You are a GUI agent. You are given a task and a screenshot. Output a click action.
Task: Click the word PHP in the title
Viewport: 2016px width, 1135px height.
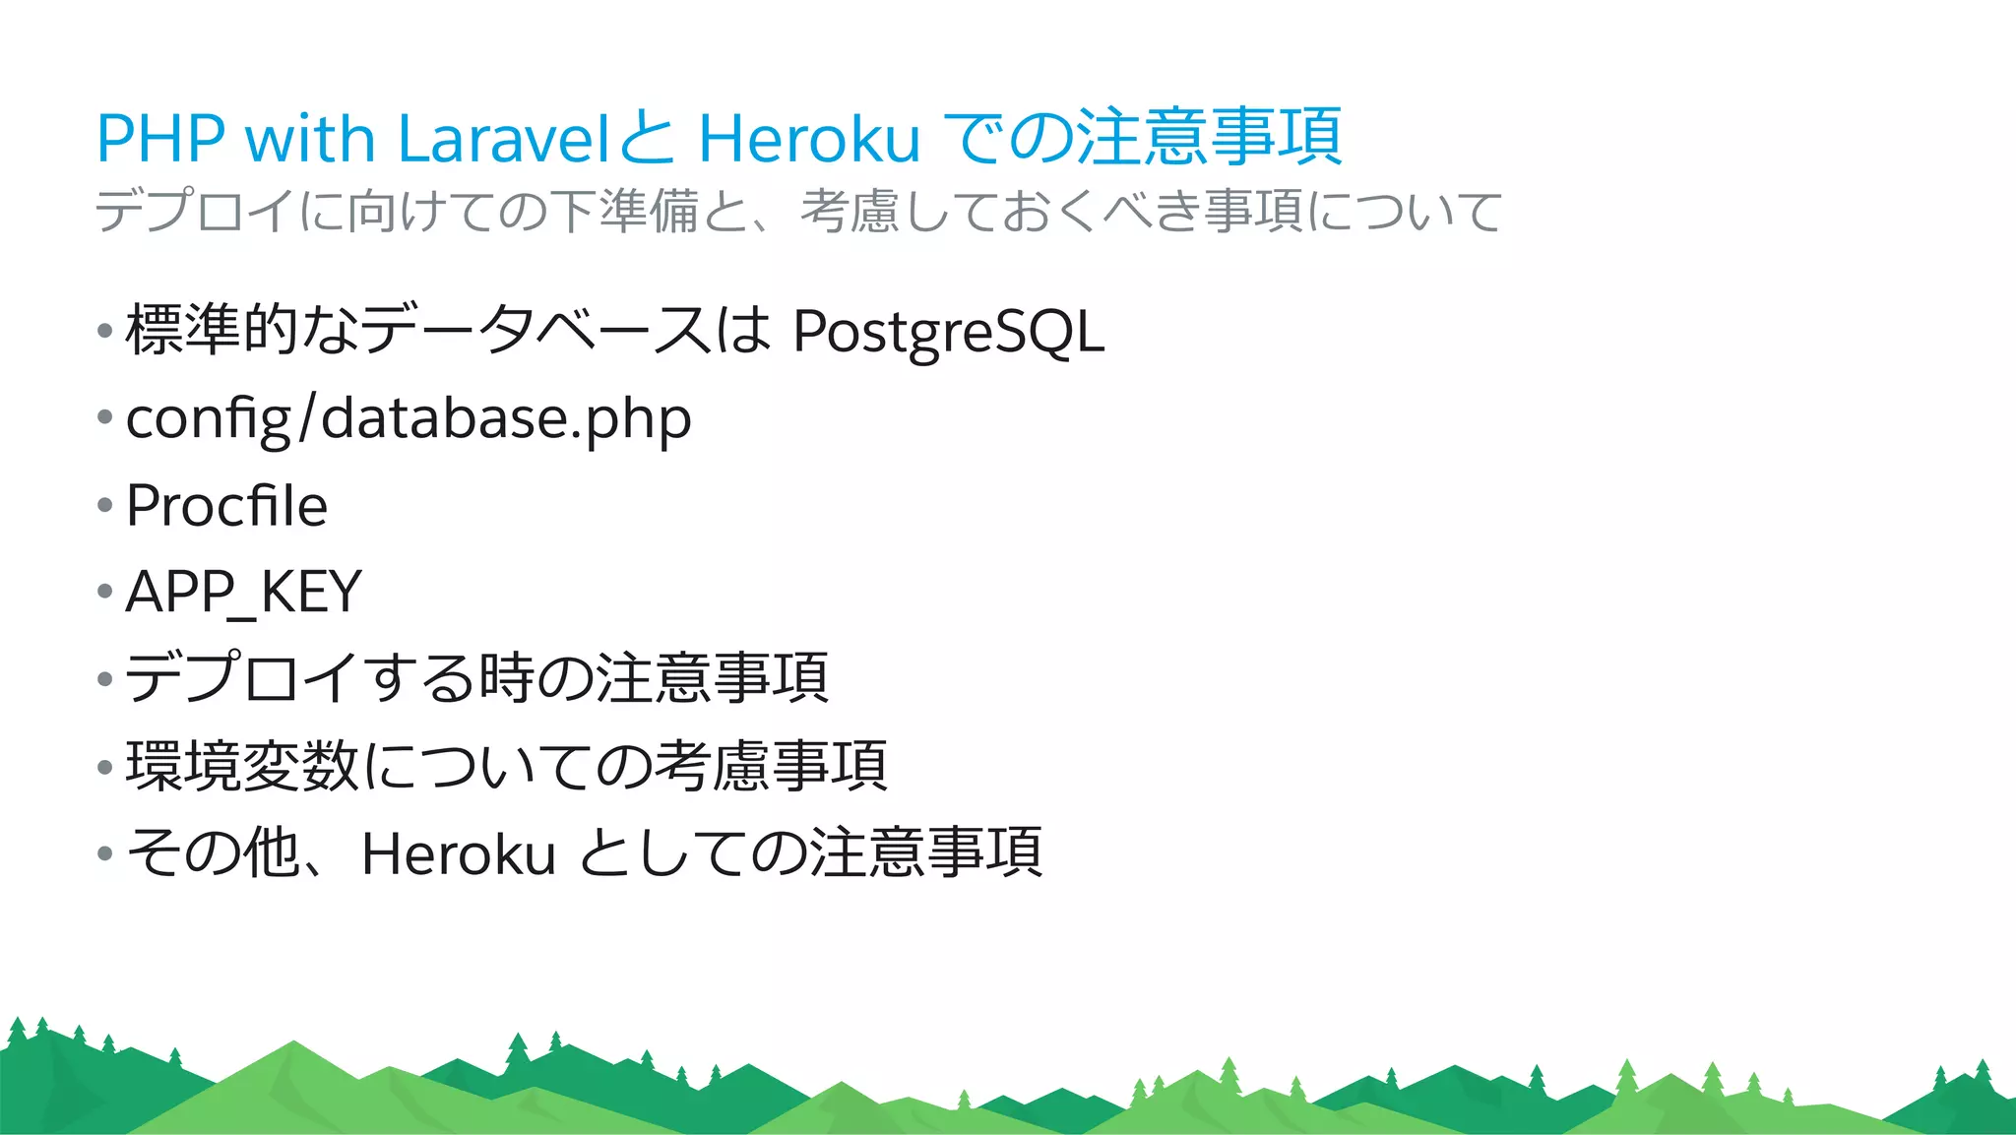(160, 138)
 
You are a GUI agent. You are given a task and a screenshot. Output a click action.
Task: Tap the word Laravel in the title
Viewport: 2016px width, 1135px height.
(506, 138)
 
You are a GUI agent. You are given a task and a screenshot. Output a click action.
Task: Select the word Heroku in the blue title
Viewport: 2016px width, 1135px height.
(808, 138)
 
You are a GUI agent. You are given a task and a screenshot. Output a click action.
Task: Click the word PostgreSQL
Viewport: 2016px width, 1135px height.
(948, 333)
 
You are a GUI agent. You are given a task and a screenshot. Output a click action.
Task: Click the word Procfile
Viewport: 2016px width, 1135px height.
(226, 506)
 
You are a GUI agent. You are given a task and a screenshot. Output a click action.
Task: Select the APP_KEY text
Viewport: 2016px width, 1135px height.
(244, 593)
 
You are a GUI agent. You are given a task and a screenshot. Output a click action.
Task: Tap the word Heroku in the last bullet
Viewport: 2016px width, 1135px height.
(458, 853)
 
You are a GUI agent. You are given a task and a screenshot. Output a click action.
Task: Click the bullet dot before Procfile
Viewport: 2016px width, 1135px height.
(105, 506)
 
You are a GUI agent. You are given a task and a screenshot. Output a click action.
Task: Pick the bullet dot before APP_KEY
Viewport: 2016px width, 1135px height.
(105, 593)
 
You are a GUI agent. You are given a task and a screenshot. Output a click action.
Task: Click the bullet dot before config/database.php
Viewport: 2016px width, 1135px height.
(105, 418)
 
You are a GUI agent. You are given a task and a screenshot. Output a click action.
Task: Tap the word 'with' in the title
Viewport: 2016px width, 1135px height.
(310, 138)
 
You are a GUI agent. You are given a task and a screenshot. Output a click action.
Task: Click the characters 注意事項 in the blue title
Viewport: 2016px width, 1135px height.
(1209, 138)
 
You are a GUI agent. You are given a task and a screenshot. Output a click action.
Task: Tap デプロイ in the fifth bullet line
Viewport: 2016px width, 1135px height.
(241, 679)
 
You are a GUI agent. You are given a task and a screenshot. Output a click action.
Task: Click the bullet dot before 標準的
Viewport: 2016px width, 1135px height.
(105, 331)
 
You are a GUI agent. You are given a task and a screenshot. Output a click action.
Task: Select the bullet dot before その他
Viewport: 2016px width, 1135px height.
(105, 853)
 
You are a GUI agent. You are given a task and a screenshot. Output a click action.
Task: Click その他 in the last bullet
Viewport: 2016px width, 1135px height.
(213, 853)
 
